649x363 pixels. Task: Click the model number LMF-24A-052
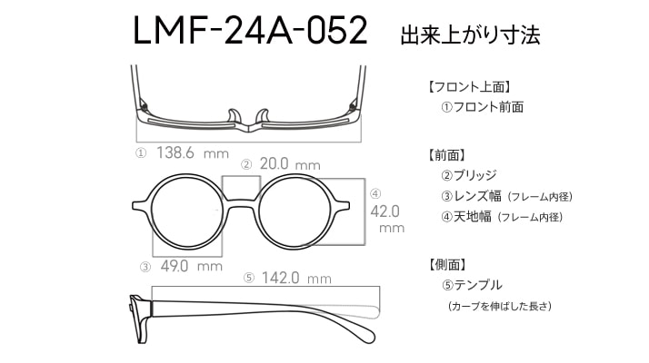pos(250,30)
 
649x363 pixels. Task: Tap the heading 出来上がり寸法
pos(470,35)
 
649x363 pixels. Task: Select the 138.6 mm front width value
pos(193,153)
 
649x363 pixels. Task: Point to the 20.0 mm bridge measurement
pos(290,164)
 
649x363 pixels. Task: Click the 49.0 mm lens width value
pos(191,266)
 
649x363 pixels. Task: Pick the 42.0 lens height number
pos(384,211)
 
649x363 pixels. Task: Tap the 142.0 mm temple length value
pos(296,278)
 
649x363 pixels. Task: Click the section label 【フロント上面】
pos(469,87)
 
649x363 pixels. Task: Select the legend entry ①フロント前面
pos(482,107)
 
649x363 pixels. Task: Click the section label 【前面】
pos(447,155)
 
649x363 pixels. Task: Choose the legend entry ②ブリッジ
pos(468,175)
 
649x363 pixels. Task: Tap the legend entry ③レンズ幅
pos(471,196)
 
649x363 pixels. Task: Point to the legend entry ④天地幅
pos(466,216)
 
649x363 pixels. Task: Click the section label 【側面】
pos(447,265)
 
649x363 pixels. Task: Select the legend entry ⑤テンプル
pos(472,285)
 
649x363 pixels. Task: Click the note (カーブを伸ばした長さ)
pos(499,307)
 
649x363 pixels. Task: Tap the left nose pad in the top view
pos(234,116)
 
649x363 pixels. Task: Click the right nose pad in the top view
pos(262,116)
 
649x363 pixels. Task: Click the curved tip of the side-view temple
pos(366,333)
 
